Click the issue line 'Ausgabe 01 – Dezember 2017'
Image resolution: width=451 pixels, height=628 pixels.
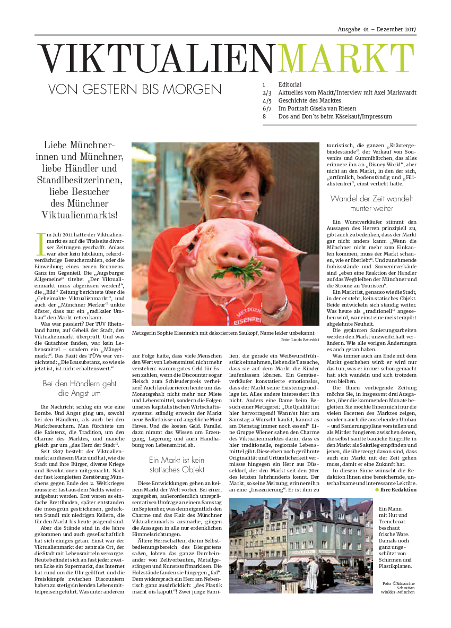[x=377, y=29]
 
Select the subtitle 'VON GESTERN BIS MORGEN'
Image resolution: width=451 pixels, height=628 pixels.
[x=135, y=89]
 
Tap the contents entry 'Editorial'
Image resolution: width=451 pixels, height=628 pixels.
[x=290, y=84]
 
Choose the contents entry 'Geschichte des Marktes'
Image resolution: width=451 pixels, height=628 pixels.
[x=309, y=100]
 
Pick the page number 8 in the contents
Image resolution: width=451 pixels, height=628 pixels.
[x=264, y=116]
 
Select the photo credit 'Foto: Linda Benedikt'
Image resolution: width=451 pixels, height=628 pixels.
[x=300, y=340]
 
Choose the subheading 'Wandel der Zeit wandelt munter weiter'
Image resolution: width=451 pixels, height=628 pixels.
[x=371, y=203]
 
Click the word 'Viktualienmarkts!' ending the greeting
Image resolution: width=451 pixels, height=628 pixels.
[x=80, y=215]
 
